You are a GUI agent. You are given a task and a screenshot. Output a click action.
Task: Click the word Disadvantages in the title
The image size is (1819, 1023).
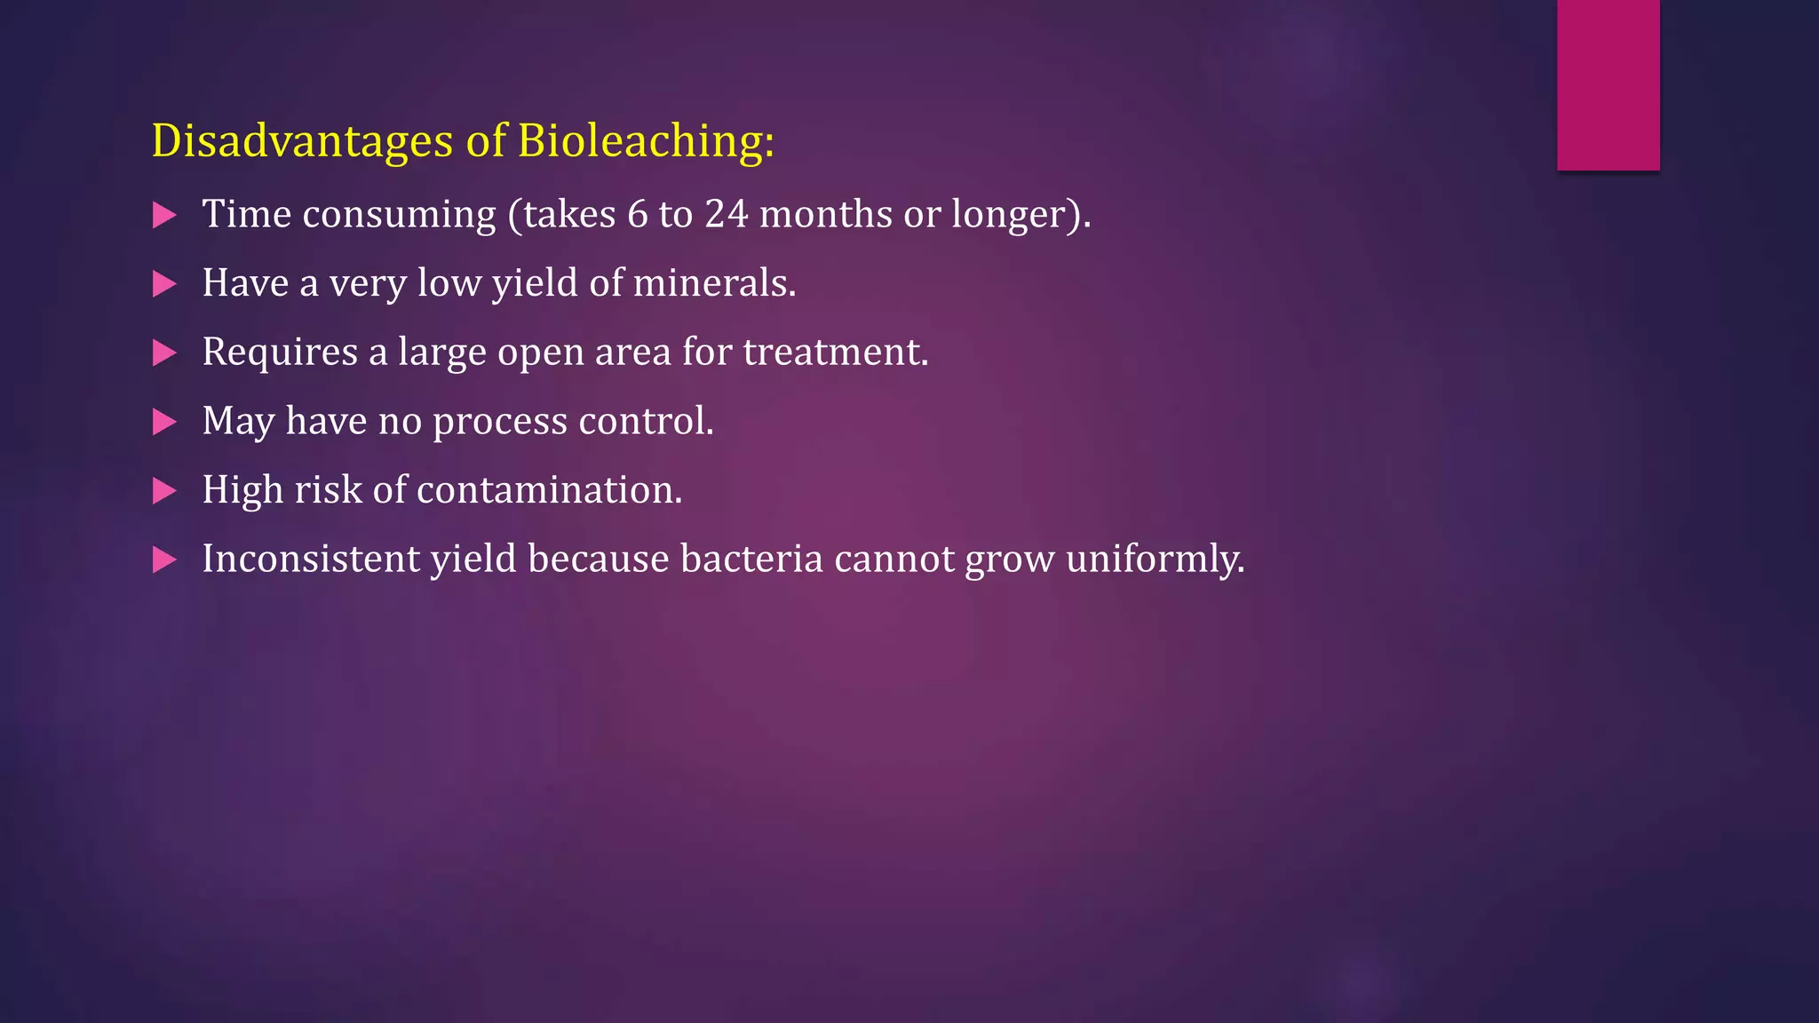click(x=302, y=141)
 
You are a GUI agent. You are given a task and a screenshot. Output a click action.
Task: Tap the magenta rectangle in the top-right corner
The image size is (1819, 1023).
click(x=1608, y=84)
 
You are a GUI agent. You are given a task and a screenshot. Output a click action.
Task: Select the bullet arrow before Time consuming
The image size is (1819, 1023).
click(x=164, y=215)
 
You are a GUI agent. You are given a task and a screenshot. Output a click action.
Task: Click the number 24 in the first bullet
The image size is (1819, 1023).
click(x=727, y=214)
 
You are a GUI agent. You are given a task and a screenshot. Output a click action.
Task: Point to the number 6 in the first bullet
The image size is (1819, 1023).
click(x=638, y=214)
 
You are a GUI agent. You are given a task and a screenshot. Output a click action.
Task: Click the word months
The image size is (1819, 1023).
click(x=826, y=214)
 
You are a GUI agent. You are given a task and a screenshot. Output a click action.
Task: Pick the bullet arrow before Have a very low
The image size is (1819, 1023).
click(x=164, y=284)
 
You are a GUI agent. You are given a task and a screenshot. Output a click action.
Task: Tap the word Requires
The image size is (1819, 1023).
click(x=280, y=353)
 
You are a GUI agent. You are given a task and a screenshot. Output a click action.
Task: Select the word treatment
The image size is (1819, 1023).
click(x=834, y=353)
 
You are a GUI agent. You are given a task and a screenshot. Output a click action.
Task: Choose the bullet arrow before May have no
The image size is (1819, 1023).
click(x=164, y=422)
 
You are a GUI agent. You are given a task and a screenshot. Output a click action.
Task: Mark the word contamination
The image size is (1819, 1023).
click(x=549, y=490)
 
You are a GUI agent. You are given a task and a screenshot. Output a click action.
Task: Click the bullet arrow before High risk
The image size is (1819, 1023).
click(x=164, y=490)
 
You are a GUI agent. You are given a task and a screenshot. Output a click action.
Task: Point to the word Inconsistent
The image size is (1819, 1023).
click(x=310, y=559)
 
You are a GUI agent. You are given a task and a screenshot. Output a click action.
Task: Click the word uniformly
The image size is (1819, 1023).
click(x=1154, y=559)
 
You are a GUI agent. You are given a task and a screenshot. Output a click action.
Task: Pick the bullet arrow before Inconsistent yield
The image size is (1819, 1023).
click(x=164, y=559)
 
